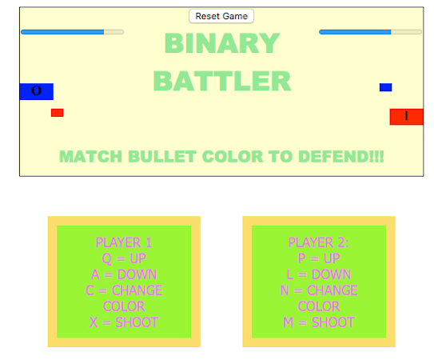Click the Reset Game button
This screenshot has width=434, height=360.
221,16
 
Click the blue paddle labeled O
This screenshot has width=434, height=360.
37,91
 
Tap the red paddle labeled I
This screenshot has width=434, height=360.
406,117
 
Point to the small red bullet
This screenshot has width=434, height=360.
58,113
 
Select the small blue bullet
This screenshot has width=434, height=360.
385,87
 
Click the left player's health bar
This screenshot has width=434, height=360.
72,32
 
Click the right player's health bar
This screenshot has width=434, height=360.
370,32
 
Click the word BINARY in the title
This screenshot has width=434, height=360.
222,43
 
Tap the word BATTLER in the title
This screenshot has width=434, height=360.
222,81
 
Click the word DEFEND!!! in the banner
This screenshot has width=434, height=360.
341,157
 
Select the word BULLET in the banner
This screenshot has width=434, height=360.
162,157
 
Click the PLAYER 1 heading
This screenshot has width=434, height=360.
124,242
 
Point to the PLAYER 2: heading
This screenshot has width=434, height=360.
319,242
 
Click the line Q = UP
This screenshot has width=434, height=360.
124,258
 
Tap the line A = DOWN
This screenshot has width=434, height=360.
124,274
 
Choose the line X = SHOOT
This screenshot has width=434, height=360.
124,322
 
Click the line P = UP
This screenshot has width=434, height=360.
319,258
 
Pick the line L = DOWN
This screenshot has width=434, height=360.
319,274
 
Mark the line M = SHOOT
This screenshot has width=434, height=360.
319,322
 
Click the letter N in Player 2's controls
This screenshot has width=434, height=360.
285,290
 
